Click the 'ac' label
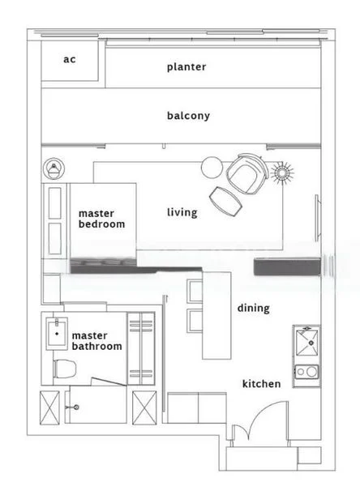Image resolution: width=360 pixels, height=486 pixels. pos(70,60)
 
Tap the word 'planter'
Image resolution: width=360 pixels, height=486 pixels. pos(186,67)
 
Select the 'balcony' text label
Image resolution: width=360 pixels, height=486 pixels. pos(188,116)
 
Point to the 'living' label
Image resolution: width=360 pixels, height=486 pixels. pos(182,213)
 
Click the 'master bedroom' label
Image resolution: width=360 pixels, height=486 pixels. pos(101,219)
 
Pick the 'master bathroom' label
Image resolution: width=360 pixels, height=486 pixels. pos(96,340)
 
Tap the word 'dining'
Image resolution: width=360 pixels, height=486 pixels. pos(253,308)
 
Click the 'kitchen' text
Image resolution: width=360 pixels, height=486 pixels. pos(261,383)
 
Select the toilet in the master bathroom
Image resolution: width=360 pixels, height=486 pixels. pos(63,369)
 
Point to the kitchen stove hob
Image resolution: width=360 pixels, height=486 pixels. pos(307,373)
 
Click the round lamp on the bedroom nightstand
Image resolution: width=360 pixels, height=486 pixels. pos(54,168)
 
